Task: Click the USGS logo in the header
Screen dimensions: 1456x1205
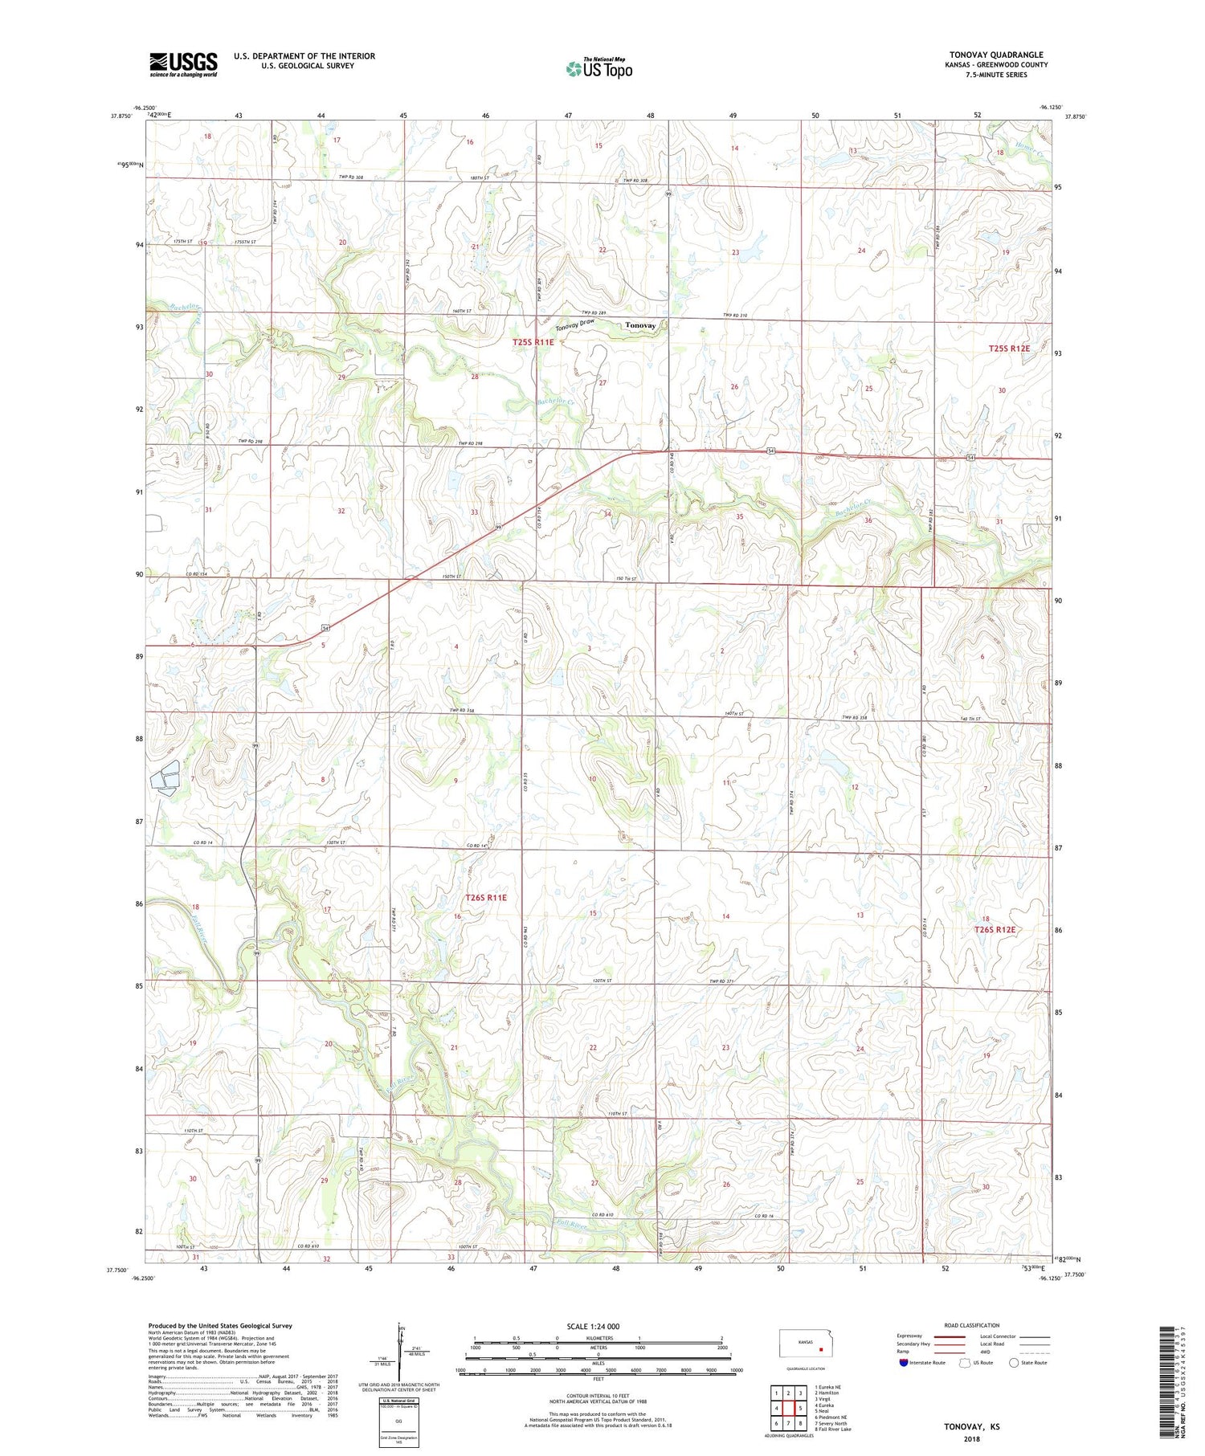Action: (x=183, y=64)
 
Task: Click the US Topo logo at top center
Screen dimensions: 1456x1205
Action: (x=599, y=68)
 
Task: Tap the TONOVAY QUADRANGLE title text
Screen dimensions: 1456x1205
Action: (x=995, y=55)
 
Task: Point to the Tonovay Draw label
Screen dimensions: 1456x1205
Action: (x=576, y=325)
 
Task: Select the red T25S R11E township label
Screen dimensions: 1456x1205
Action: (x=533, y=342)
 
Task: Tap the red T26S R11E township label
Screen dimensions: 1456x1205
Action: (x=486, y=897)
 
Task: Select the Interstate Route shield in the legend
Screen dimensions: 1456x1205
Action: (x=904, y=1363)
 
